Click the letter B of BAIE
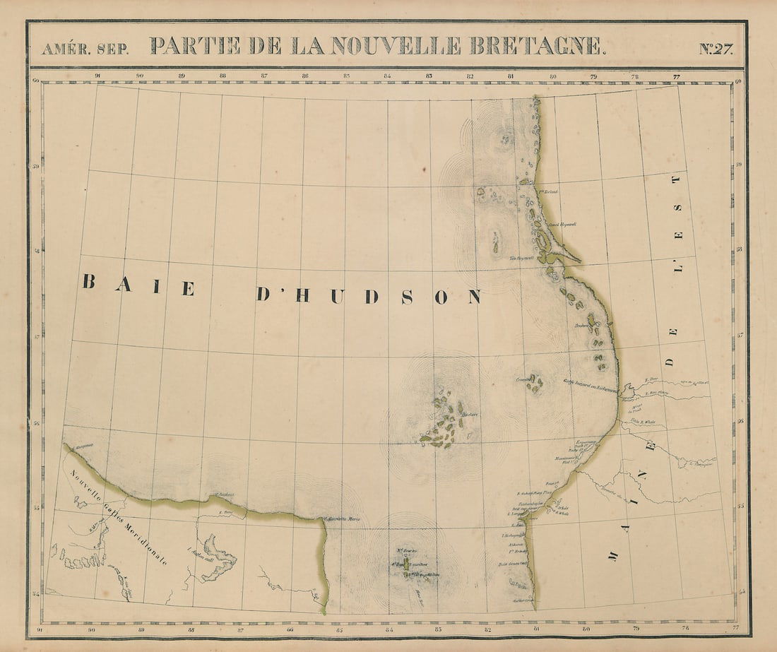[x=89, y=283]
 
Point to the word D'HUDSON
[x=367, y=296]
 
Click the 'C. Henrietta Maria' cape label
[x=343, y=520]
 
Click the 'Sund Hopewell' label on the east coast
[x=564, y=225]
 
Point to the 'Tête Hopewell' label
[x=521, y=258]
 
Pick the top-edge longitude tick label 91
[x=98, y=75]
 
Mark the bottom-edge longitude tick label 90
[x=92, y=628]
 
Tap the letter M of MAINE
[x=611, y=555]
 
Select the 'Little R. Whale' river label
[x=643, y=422]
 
